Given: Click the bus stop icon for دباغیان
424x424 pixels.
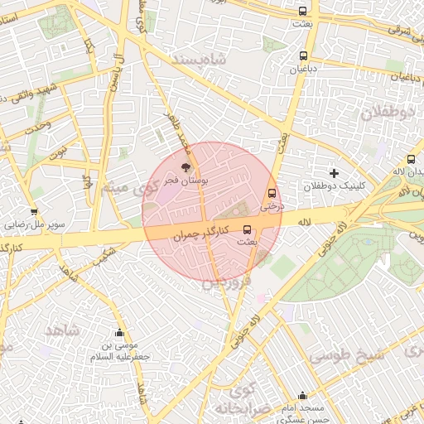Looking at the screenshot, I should point(302,56).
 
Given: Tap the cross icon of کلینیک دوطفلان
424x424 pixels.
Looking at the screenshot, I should point(334,173).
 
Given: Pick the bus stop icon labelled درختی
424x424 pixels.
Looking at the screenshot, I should point(272,193).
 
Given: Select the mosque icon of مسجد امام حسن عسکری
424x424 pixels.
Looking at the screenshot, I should point(302,396).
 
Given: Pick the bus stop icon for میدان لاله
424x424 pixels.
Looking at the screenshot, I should point(411,160).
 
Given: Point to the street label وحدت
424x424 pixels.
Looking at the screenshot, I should point(38,128).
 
